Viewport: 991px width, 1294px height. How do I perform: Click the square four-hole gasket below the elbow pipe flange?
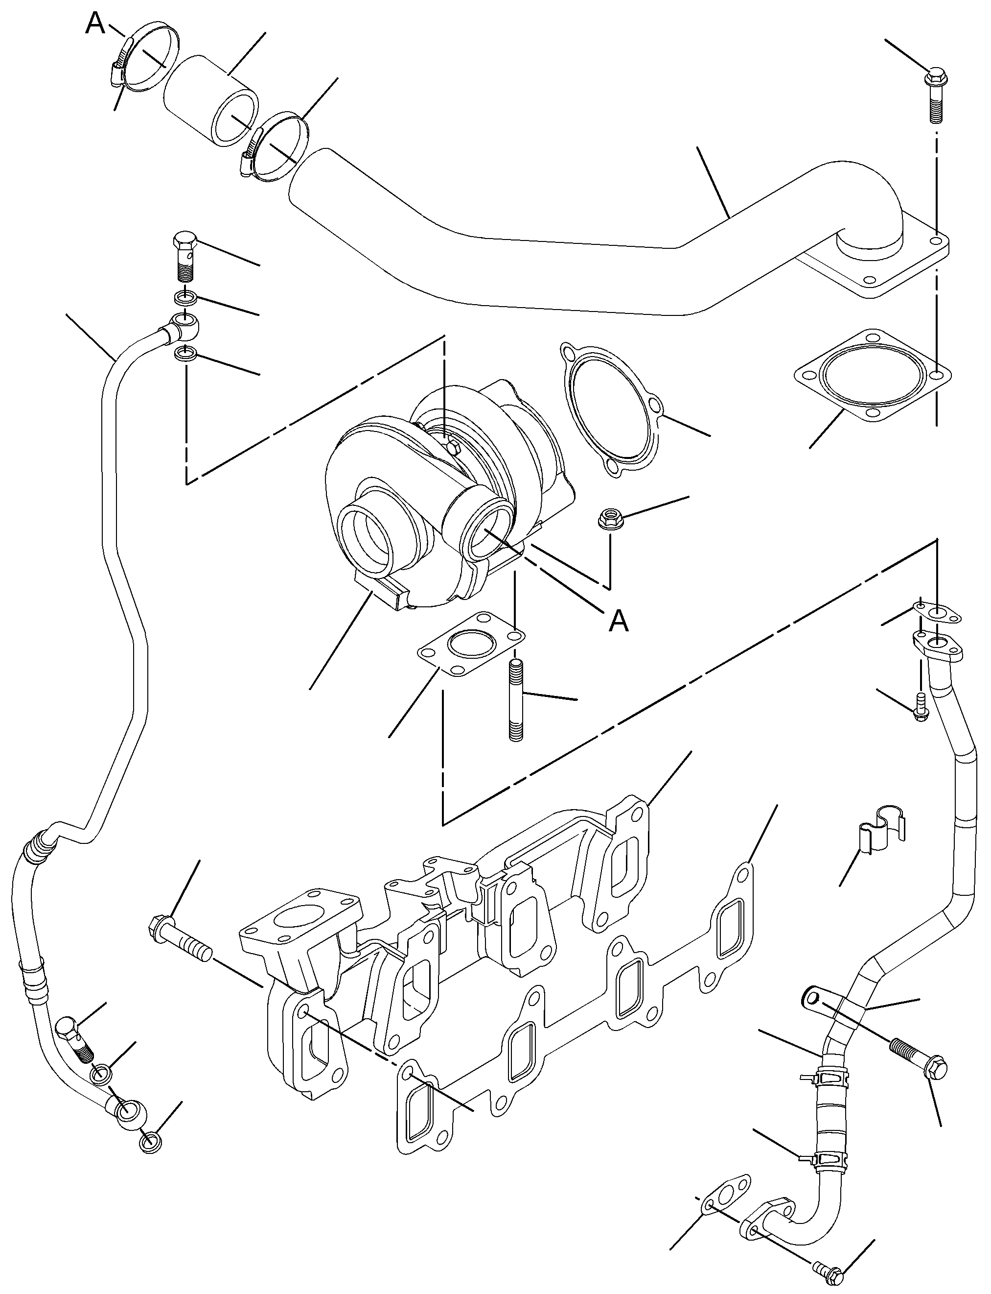coord(873,376)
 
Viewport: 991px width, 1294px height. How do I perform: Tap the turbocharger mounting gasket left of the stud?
coord(471,645)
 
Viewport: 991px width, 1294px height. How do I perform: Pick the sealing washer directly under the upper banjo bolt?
coord(186,297)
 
